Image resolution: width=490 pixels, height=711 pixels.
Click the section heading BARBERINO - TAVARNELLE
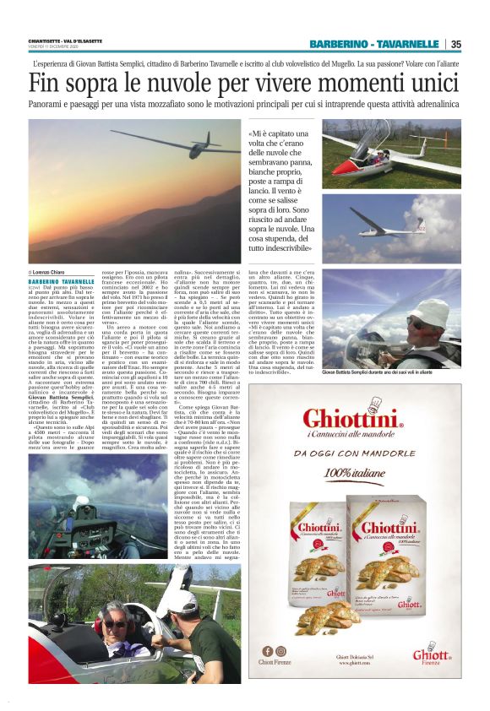click(373, 44)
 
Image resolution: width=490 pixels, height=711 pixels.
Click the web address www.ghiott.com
click(362, 664)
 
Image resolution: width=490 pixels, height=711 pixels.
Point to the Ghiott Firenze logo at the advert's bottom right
click(436, 654)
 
